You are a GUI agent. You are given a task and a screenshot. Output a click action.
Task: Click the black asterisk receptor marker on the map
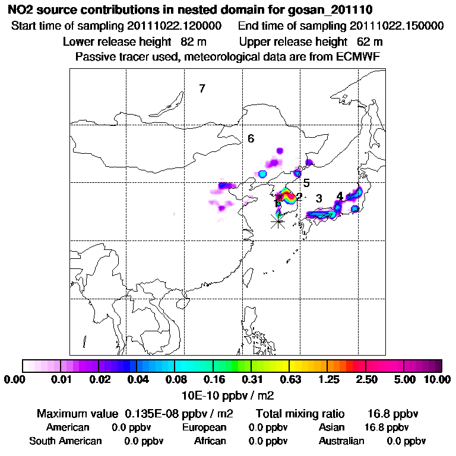pos(277,221)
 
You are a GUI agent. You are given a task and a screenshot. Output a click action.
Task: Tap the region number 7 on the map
pos(202,89)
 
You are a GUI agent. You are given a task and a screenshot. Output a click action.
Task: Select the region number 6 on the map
pos(251,139)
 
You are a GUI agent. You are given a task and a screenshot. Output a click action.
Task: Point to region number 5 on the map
pos(306,183)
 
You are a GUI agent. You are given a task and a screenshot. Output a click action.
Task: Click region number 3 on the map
pos(319,198)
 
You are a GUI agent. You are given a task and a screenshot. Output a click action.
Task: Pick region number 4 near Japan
pos(340,196)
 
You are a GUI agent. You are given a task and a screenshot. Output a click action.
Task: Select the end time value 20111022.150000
pos(397,26)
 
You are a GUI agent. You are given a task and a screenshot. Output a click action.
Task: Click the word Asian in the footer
pos(331,427)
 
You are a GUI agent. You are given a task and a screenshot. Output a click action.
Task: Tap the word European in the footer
pos(204,427)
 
